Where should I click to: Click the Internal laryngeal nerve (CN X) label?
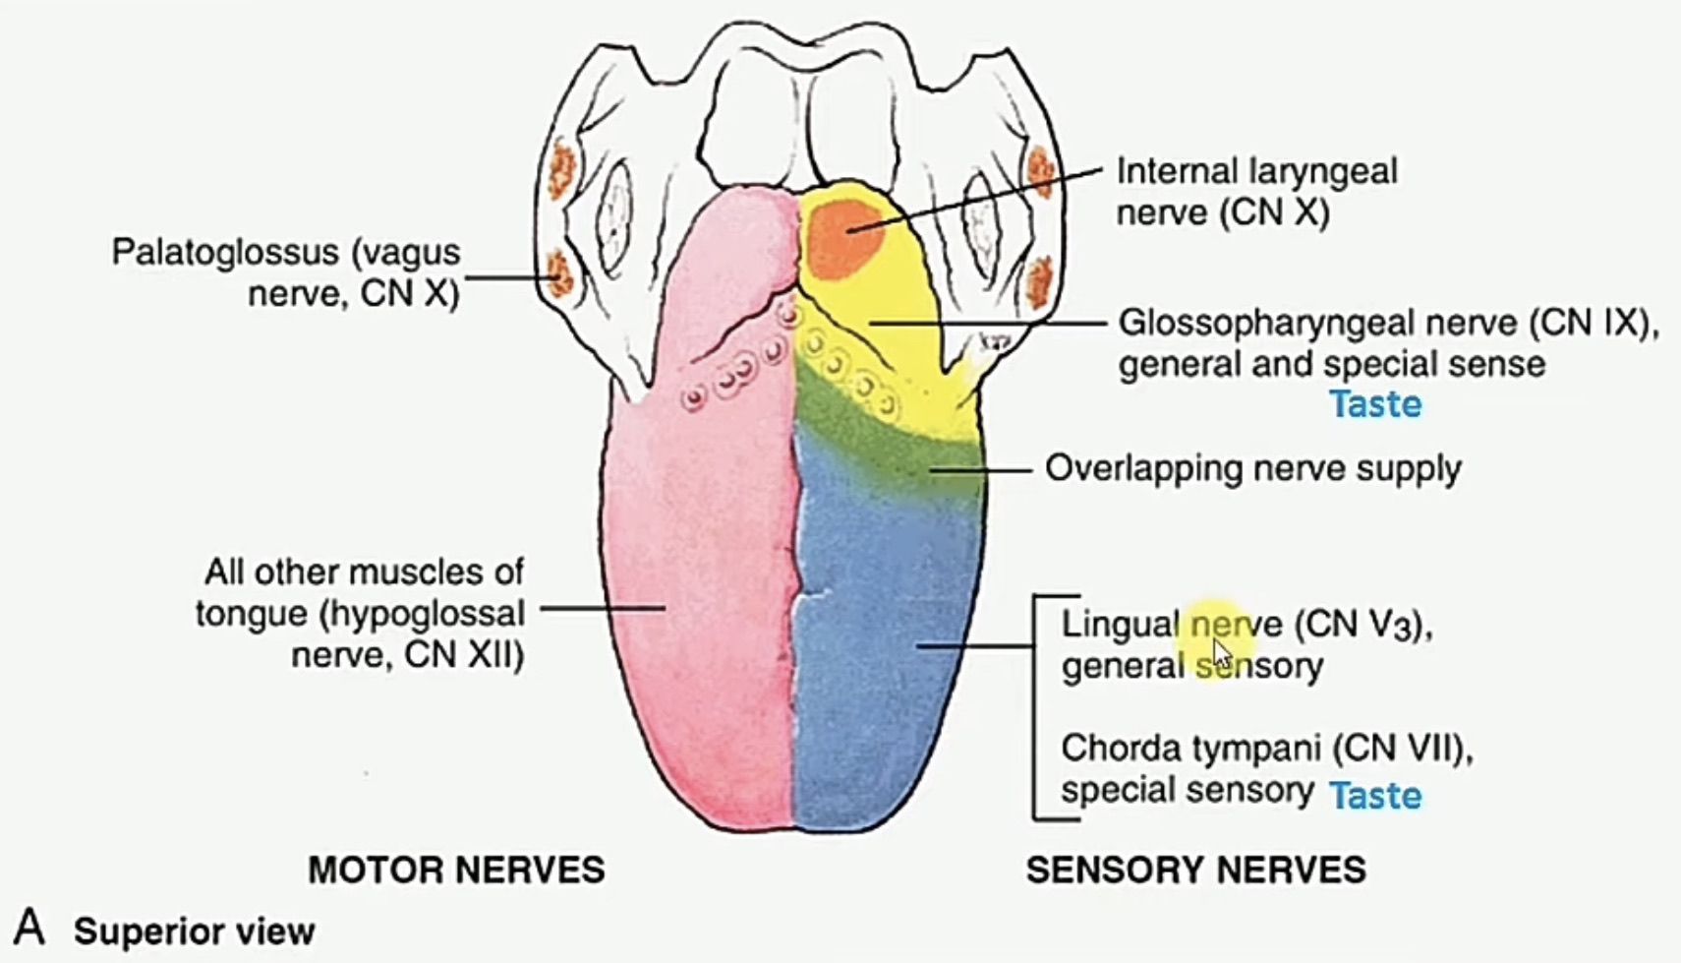pyautogui.click(x=1255, y=192)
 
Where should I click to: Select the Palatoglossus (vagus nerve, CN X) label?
pyautogui.click(x=285, y=272)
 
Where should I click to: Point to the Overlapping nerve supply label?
pyautogui.click(x=1251, y=468)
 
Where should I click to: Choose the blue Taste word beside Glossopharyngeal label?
pyautogui.click(x=1375, y=403)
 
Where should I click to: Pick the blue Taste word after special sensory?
pyautogui.click(x=1375, y=795)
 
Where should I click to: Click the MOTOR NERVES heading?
pyautogui.click(x=456, y=870)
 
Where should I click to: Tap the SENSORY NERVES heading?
pyautogui.click(x=1195, y=870)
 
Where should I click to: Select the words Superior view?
pyautogui.click(x=194, y=932)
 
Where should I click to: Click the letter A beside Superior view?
pyautogui.click(x=29, y=929)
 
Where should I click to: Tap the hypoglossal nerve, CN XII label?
pyautogui.click(x=360, y=613)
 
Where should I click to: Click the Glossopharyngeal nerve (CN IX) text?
pyautogui.click(x=1387, y=323)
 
